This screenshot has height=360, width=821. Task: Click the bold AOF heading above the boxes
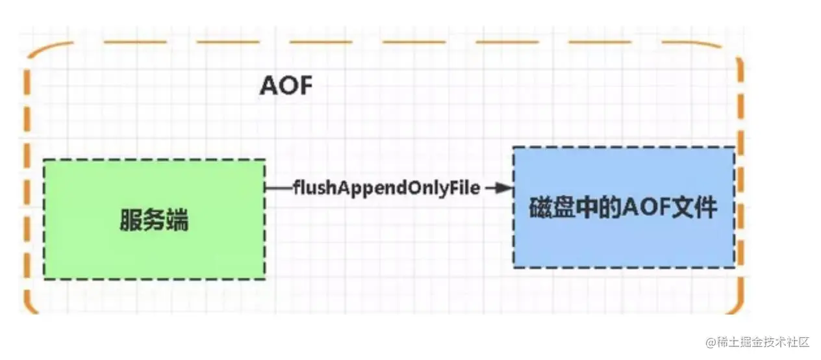pyautogui.click(x=286, y=85)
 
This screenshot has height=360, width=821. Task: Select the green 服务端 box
pyautogui.click(x=154, y=219)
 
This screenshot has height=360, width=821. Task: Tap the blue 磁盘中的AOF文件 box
pyautogui.click(x=624, y=207)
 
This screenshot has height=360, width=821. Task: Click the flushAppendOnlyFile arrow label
pyautogui.click(x=386, y=188)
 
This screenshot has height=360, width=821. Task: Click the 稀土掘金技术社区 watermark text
pyautogui.click(x=763, y=342)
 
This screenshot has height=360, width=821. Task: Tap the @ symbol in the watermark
pyautogui.click(x=711, y=342)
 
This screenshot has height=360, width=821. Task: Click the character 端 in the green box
pyautogui.click(x=177, y=221)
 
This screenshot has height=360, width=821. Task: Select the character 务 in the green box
pyautogui.click(x=154, y=221)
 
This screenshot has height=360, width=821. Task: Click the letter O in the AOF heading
pyautogui.click(x=286, y=85)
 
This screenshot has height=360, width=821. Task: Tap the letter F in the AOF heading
pyautogui.click(x=305, y=85)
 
